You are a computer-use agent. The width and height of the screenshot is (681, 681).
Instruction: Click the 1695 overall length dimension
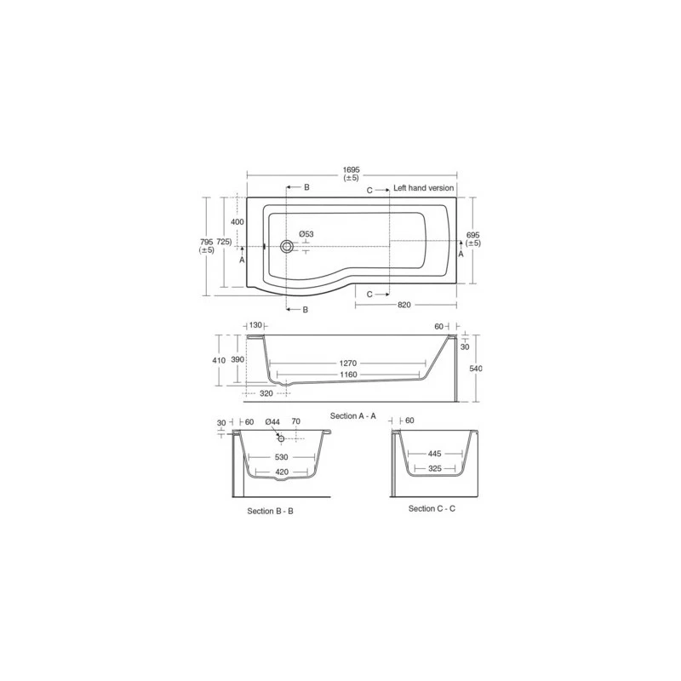[352, 169]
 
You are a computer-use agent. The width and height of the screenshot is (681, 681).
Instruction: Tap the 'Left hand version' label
[423, 188]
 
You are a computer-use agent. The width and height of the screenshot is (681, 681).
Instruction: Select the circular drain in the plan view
[287, 247]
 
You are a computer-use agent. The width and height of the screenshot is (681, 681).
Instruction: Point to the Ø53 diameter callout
[306, 234]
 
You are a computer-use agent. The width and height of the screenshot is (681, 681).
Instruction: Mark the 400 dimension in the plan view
[237, 222]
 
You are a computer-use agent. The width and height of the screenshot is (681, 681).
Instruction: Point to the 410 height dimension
[219, 360]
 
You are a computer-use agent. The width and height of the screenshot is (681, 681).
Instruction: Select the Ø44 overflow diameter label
[273, 421]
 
